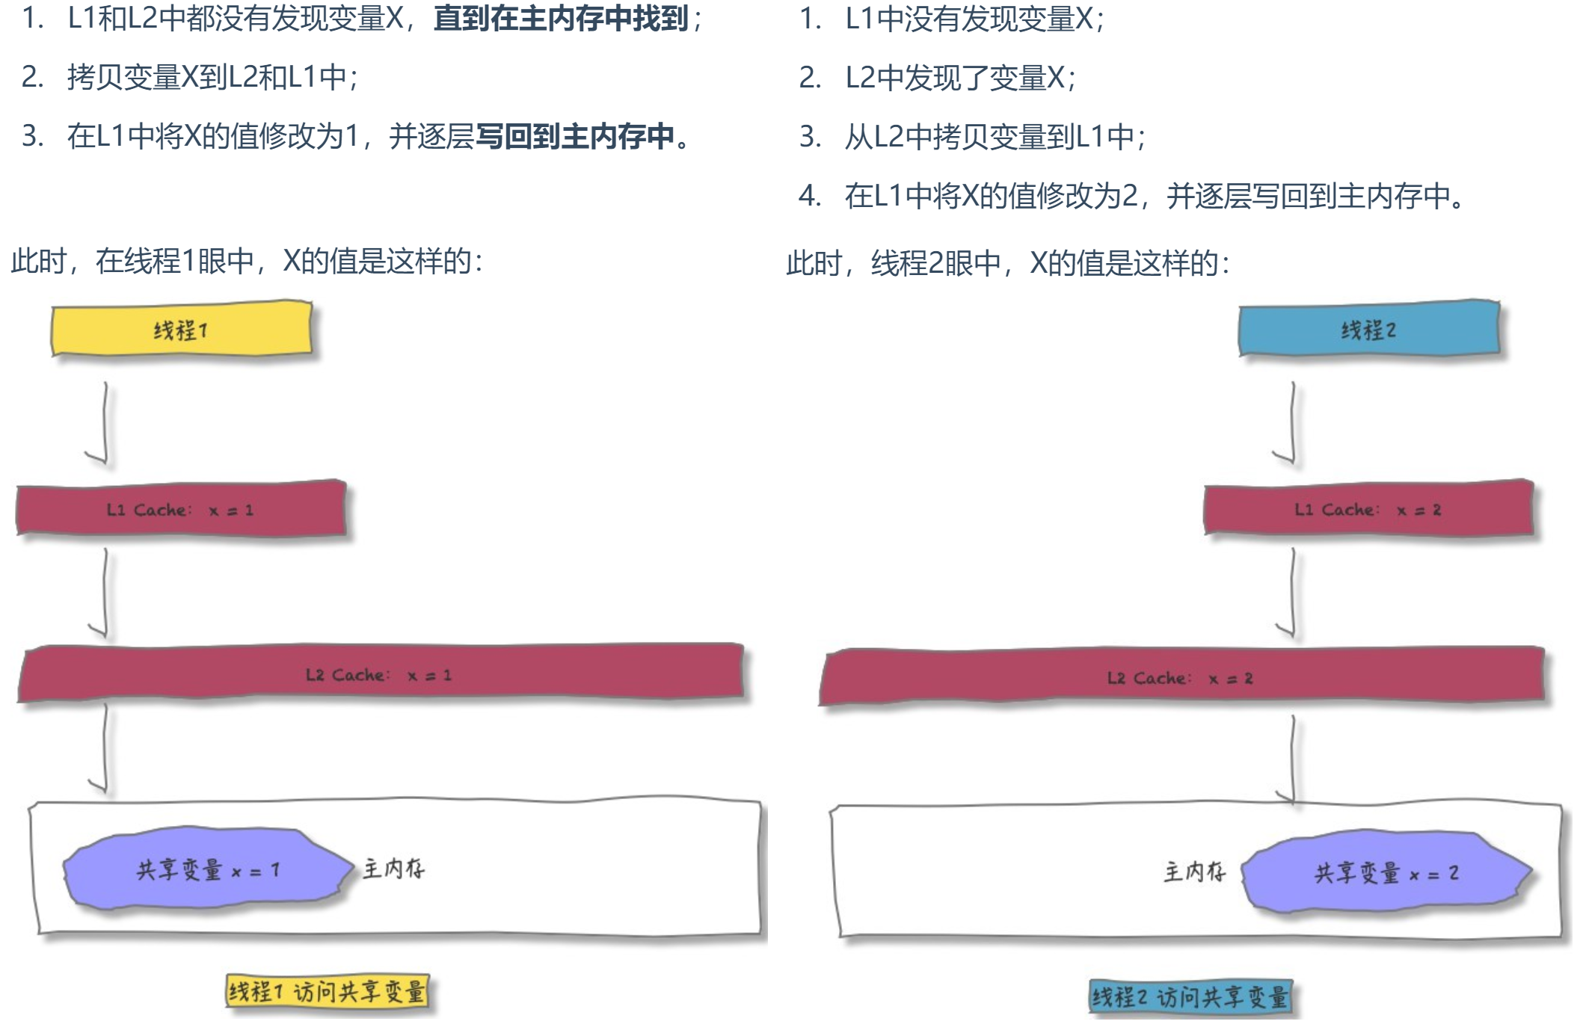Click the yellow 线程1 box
182,329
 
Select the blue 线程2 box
1368,329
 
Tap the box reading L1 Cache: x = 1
181,510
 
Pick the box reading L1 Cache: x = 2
1368,510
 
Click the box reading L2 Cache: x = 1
380,674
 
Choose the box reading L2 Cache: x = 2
1181,677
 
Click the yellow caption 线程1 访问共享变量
327,992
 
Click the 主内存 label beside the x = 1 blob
393,869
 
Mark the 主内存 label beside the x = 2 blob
1194,872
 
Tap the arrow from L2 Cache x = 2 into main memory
1292,759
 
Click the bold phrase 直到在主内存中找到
561,19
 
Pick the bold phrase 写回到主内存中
575,136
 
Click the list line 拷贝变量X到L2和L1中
212,77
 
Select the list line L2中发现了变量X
960,78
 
